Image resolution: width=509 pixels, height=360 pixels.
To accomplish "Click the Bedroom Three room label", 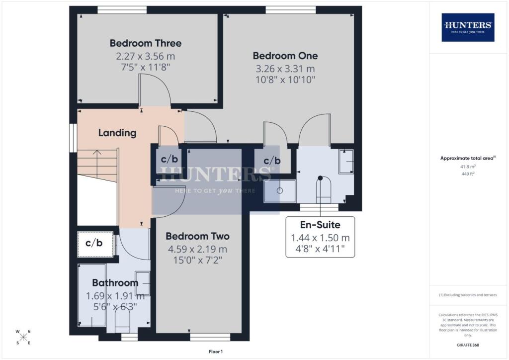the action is coord(146,43).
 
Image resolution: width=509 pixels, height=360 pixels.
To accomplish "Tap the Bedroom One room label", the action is coord(285,56).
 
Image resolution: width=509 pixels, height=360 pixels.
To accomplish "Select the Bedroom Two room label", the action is coord(197,236).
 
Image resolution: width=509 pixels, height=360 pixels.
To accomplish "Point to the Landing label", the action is coord(117,133).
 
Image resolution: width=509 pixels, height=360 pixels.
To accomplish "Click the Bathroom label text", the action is coord(115,283).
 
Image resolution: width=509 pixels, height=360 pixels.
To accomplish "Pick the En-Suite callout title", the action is coord(320,225).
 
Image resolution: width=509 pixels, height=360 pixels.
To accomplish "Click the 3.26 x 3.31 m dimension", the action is coord(285,69).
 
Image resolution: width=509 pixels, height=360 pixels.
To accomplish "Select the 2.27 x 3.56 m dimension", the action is coord(146,56).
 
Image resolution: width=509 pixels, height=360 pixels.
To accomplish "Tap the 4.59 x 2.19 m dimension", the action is coord(197,249).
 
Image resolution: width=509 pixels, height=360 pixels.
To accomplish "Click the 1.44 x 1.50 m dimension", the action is coord(320,238).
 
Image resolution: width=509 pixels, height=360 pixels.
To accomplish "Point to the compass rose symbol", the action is coord(23,337).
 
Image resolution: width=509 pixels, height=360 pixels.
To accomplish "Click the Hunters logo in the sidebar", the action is coord(468,27).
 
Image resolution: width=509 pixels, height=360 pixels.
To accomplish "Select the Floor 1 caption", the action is coord(216,352).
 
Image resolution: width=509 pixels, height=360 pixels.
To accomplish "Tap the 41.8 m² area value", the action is coord(468,167).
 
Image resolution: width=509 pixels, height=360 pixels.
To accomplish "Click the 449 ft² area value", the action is coord(468,174).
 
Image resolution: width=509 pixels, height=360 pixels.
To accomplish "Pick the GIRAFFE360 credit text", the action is coord(468,345).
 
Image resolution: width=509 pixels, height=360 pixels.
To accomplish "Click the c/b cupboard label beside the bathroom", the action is coord(94,243).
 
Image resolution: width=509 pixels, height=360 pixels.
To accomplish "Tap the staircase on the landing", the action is coord(97,165).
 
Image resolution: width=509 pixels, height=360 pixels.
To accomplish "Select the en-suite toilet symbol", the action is coord(323,190).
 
